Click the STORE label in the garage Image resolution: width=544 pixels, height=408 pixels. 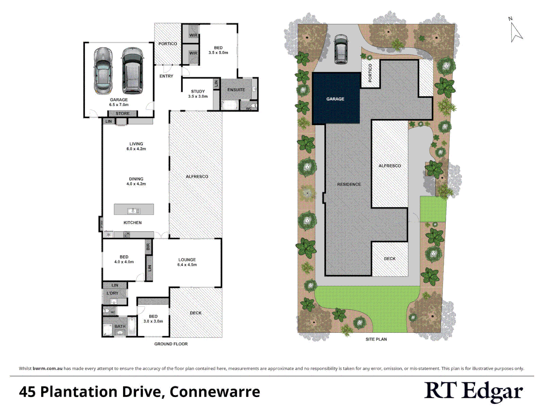(122, 113)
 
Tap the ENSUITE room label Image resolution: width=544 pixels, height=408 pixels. (236, 90)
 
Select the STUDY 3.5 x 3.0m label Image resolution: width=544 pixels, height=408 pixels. (198, 94)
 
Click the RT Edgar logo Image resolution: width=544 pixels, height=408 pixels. (473, 391)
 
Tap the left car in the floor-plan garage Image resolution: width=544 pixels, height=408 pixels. (103, 71)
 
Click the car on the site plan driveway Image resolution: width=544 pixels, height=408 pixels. (341, 49)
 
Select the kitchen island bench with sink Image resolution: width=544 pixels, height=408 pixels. (134, 210)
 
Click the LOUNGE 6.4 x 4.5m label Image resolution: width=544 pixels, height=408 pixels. (187, 262)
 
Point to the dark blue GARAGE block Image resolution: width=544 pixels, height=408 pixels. (336, 99)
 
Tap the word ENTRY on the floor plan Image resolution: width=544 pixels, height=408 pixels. (166, 76)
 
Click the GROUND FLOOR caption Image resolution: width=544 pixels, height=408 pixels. (171, 344)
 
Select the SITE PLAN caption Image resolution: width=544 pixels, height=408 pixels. (376, 339)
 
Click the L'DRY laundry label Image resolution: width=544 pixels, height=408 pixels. (113, 293)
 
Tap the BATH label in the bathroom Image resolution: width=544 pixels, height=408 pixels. (120, 326)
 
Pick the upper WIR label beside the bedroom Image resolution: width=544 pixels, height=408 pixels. (193, 36)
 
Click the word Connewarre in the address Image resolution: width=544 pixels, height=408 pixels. (215, 392)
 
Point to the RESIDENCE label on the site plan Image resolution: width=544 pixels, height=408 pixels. (349, 184)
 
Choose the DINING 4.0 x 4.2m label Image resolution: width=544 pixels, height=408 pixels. (136, 181)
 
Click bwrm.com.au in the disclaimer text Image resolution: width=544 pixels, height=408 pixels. (48, 368)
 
